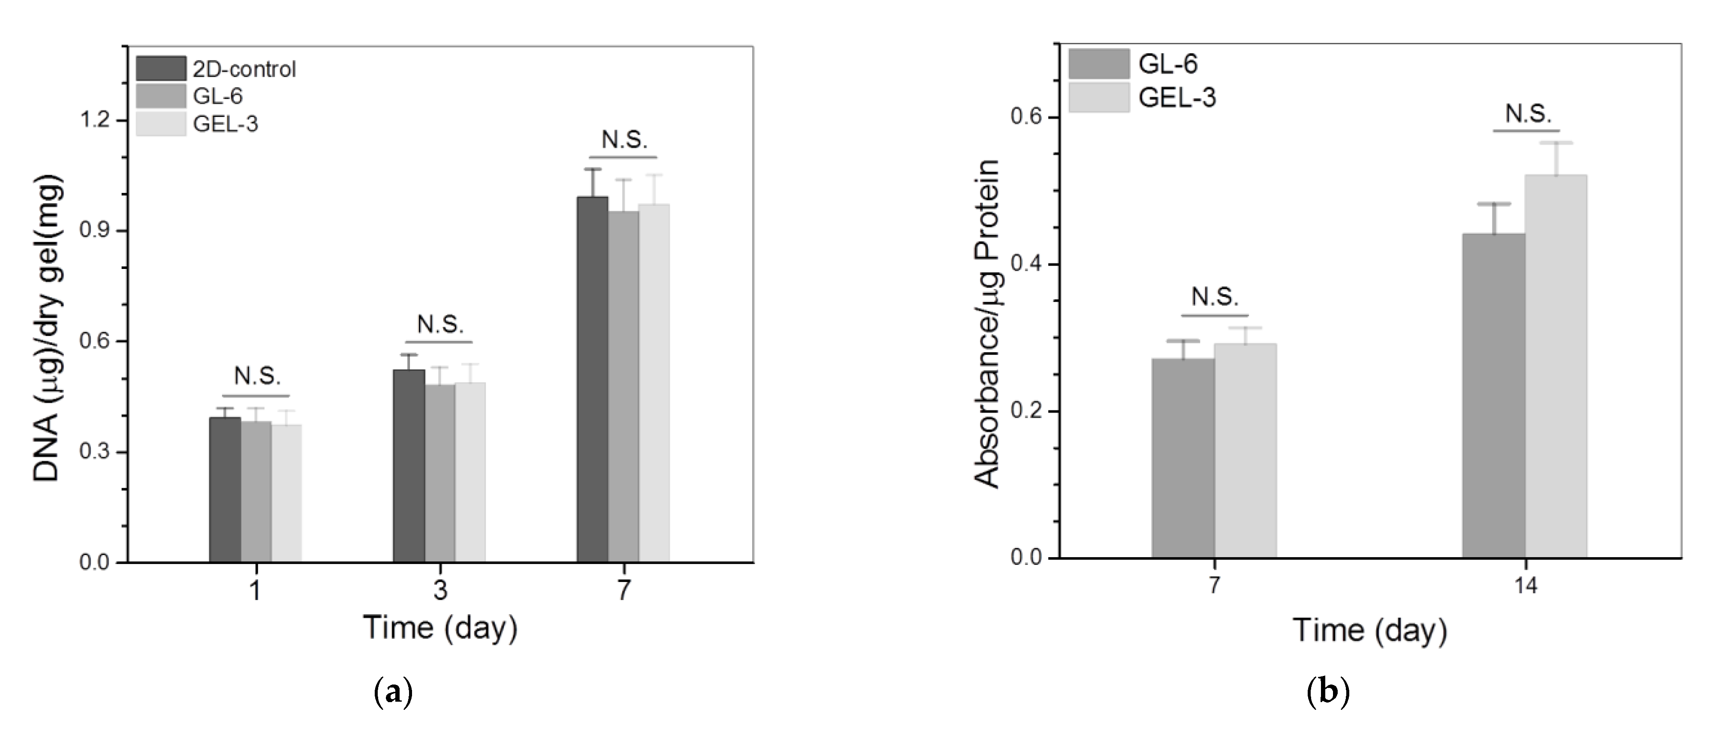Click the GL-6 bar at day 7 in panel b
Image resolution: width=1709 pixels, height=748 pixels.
1183,458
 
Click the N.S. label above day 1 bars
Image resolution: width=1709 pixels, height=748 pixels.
257,376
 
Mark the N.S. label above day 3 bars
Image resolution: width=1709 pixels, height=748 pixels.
440,325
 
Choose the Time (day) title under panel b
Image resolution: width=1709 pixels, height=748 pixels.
1369,630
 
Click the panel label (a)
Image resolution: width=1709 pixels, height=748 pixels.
393,693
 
